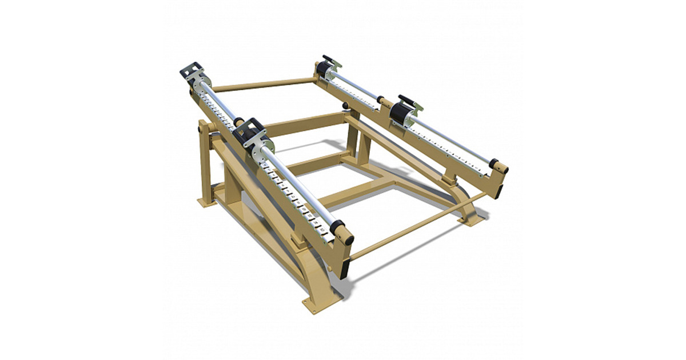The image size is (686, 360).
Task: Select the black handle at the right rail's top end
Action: tap(328, 59)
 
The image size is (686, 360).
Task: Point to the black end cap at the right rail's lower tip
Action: tap(493, 163)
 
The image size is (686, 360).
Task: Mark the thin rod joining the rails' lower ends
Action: tap(417, 229)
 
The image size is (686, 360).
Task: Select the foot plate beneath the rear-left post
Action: tap(206, 202)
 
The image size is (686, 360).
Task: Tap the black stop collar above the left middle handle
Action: tap(239, 122)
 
